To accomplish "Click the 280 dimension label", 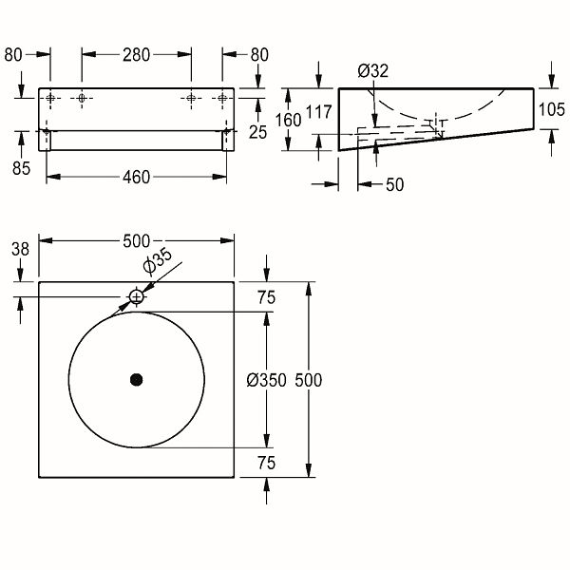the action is (136, 55).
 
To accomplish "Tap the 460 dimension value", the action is (136, 178).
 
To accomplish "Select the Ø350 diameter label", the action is (266, 380).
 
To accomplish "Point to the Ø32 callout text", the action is (373, 70).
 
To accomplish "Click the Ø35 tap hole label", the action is (158, 260).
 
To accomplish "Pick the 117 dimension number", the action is (319, 112).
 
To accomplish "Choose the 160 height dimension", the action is (288, 121).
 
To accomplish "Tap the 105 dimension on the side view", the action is (551, 109).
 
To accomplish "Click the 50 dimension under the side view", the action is (395, 184).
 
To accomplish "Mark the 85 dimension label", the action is (21, 168).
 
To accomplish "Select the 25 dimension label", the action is (258, 132).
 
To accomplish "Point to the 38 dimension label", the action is (20, 249).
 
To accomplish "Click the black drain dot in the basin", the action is (136, 380).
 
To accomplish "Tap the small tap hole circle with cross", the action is (137, 297).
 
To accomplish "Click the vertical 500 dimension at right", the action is (308, 380).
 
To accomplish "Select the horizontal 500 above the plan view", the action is (136, 241).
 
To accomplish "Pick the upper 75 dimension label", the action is (266, 297).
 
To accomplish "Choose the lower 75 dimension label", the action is (266, 464).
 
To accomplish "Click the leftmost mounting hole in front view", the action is (50, 98).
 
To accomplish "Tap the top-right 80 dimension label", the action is (259, 55).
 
